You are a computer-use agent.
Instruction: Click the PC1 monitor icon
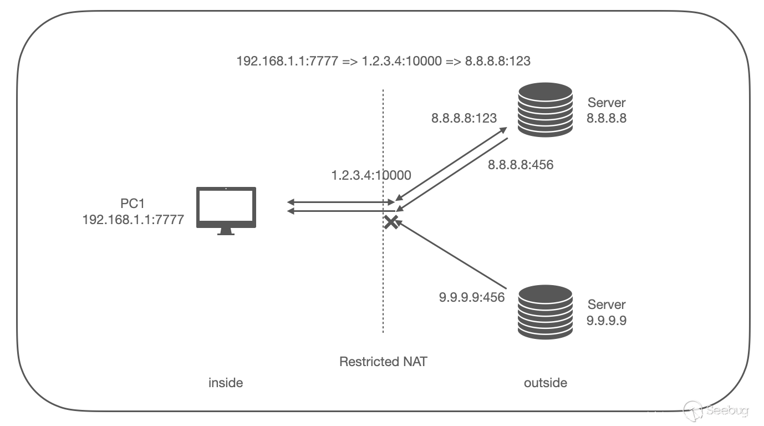coord(226,210)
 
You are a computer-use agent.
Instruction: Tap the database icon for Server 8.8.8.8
coord(544,110)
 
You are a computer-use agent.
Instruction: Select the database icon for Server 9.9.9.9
coord(544,312)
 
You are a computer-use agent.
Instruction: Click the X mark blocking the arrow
coord(391,222)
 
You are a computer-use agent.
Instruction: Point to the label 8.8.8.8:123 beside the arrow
coord(464,118)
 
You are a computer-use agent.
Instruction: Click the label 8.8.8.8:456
coord(521,165)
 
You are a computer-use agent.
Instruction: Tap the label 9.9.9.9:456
coord(472,297)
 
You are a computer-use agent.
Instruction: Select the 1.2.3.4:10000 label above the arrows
coord(371,176)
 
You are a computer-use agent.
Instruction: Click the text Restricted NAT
coord(383,362)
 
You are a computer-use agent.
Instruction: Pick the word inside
coord(226,383)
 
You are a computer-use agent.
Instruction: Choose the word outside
coord(546,383)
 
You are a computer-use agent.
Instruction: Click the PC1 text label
coord(133,205)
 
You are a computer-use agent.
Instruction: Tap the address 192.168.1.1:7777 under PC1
coord(133,220)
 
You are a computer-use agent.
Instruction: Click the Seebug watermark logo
coord(717,410)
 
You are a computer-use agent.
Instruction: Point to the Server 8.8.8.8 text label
coord(607,110)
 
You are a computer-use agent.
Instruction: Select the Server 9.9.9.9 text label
coord(607,312)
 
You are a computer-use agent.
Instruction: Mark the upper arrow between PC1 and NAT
coord(340,202)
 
